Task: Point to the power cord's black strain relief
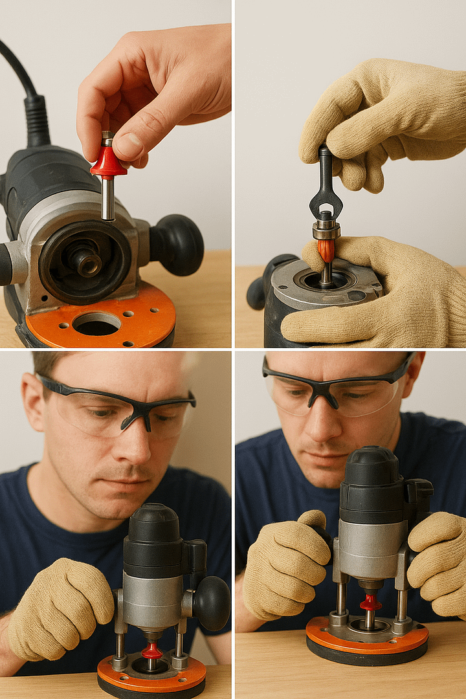tap(37, 120)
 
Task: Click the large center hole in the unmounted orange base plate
tap(96, 323)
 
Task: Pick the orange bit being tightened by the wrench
tap(327, 250)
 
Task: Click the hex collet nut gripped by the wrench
tap(326, 229)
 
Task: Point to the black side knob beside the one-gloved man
tap(211, 603)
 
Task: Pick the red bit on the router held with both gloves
tap(370, 603)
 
